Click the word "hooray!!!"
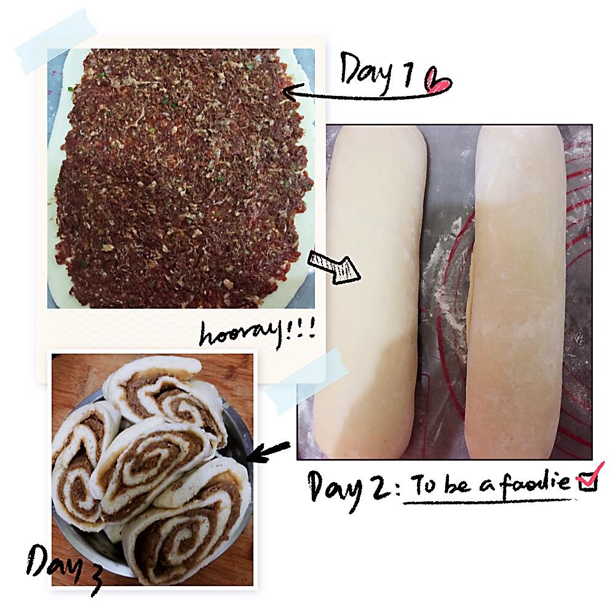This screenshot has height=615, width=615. (x=257, y=334)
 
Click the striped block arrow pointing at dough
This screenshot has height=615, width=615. (x=333, y=267)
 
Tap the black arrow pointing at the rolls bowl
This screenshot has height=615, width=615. (x=269, y=451)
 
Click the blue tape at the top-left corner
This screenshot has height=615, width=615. (x=55, y=41)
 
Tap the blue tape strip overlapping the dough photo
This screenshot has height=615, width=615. (x=306, y=381)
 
